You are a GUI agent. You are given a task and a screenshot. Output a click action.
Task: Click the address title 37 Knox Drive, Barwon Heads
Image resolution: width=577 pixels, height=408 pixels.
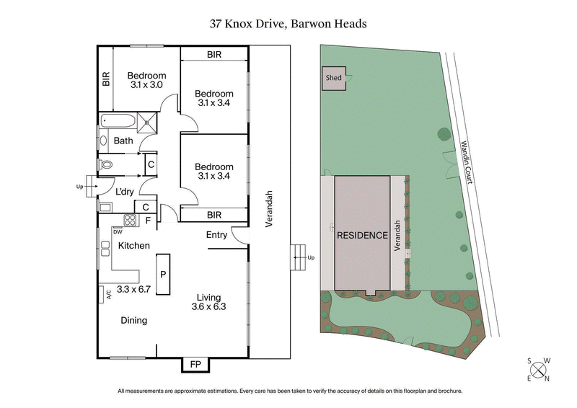pos(288,24)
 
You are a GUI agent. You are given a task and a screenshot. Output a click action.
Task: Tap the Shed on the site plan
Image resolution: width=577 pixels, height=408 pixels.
pos(333,79)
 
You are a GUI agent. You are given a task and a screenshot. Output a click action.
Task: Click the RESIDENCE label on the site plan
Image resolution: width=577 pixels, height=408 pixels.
pos(362,235)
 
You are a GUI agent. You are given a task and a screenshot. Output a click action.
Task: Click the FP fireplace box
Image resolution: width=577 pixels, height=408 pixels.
pos(195,365)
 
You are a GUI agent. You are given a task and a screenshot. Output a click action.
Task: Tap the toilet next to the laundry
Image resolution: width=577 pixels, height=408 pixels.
pos(106,164)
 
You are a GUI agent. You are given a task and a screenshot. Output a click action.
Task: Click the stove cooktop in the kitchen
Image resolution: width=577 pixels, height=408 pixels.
pos(131,221)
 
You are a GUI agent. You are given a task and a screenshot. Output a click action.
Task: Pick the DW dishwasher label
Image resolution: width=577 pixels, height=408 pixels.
pos(117,231)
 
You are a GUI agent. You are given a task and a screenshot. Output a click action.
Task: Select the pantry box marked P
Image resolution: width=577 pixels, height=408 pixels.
pos(164,274)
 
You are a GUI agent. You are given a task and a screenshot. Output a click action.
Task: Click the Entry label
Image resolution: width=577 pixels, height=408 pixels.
pos(216,235)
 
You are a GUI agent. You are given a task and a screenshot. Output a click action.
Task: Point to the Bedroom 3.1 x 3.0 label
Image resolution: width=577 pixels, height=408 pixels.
pos(146,80)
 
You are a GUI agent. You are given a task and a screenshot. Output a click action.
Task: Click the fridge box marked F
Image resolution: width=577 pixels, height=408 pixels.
pos(147,221)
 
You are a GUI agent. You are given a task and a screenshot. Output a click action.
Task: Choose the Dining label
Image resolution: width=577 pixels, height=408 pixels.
pos(133,321)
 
